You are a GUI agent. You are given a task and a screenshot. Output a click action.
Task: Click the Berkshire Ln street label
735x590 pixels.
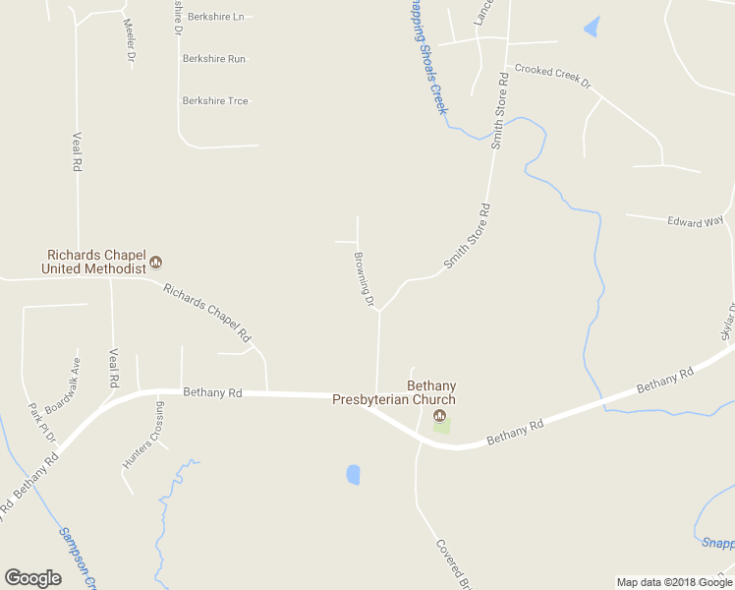tap(213, 18)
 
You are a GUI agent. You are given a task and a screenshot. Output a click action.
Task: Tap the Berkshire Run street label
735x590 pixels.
tap(213, 59)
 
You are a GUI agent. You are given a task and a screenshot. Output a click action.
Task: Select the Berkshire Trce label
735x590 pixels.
tap(215, 101)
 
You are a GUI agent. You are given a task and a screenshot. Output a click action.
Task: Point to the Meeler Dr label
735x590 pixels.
tap(129, 39)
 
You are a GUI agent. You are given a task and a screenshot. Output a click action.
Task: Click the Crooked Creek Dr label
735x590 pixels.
tap(553, 76)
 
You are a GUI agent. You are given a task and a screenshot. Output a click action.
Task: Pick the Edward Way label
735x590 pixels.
tap(696, 222)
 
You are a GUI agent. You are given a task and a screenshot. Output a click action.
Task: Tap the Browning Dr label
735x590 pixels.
tap(365, 279)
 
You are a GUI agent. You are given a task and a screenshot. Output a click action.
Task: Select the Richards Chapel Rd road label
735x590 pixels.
tap(207, 314)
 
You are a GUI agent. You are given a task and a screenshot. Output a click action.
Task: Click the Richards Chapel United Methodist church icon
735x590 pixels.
tap(155, 263)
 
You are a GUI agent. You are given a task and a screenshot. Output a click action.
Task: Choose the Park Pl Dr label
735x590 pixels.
tap(42, 422)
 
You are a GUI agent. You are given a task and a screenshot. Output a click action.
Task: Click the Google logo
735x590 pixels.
tap(32, 578)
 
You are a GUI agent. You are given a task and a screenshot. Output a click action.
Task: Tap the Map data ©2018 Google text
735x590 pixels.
tap(673, 582)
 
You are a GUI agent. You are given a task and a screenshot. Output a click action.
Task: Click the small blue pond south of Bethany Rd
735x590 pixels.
tap(353, 475)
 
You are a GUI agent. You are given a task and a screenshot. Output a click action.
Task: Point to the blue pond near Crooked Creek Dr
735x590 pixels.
tap(592, 28)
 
